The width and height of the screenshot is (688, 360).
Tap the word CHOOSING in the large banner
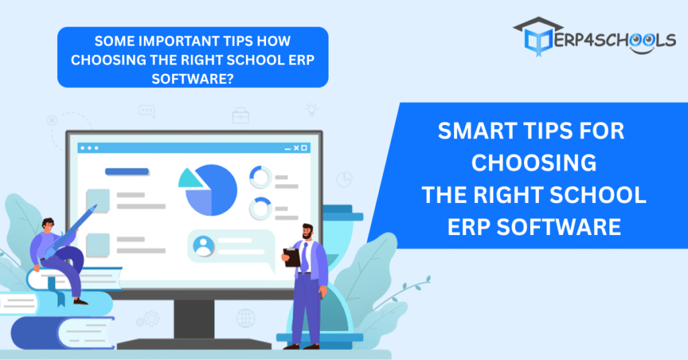534,163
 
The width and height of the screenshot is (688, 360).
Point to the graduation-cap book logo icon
537,36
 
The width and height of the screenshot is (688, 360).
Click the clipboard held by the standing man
292,257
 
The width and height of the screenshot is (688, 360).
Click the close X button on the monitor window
296,148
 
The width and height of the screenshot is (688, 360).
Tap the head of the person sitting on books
48,225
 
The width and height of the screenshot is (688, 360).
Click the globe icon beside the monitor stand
246,318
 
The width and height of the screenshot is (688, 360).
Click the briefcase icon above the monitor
241,116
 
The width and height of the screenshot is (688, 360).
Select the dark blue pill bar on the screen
127,171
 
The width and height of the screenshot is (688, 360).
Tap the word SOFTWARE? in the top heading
193,79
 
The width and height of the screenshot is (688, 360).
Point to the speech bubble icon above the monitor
146,111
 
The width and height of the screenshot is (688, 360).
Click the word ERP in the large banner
468,227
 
